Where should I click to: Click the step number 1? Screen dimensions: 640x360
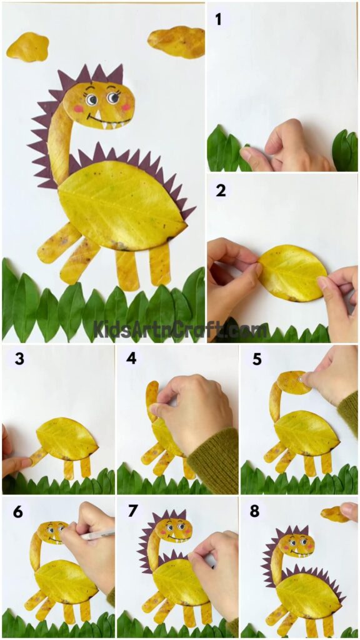pyautogui.click(x=218, y=19)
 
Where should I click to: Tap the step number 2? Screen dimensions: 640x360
pyautogui.click(x=221, y=190)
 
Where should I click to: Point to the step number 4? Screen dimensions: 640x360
pyautogui.click(x=131, y=360)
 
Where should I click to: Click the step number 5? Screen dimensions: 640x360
pyautogui.click(x=257, y=360)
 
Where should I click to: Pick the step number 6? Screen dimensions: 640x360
pyautogui.click(x=17, y=512)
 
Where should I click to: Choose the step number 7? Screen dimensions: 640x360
pyautogui.click(x=132, y=512)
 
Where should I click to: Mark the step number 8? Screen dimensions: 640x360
pyautogui.click(x=255, y=512)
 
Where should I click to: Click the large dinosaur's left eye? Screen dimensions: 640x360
pyautogui.click(x=91, y=99)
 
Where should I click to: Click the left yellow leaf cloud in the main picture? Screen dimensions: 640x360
pyautogui.click(x=27, y=47)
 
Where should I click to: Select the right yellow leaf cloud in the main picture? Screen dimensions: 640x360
pyautogui.click(x=177, y=41)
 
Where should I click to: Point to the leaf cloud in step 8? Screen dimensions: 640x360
pyautogui.click(x=335, y=514)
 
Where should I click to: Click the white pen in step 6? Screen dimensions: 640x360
pyautogui.click(x=100, y=535)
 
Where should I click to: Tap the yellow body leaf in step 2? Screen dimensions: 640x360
pyautogui.click(x=291, y=273)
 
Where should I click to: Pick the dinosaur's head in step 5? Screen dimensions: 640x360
pyautogui.click(x=293, y=382)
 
